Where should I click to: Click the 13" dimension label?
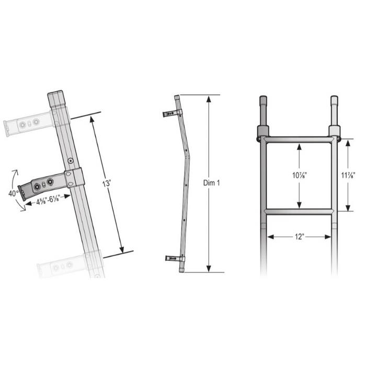[107, 184]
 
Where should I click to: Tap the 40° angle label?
[13, 192]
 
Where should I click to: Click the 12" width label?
[299, 236]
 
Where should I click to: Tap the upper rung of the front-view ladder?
[299, 140]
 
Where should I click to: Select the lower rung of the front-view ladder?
[299, 211]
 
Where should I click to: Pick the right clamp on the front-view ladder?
[334, 134]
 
